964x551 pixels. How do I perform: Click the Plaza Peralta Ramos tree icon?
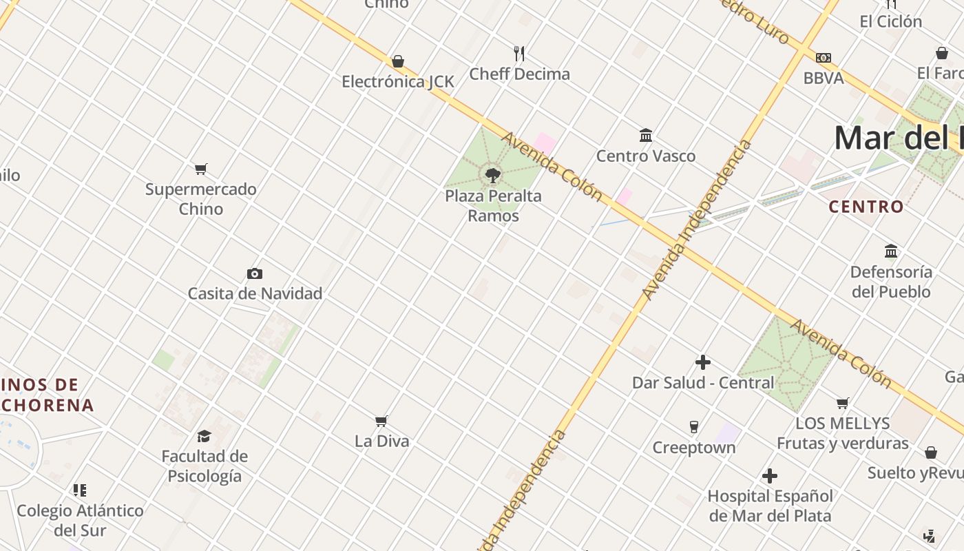pos(492,176)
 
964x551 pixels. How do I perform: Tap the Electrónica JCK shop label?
pos(398,82)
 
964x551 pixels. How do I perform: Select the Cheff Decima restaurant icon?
pos(519,53)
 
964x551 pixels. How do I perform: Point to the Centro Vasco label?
pos(646,156)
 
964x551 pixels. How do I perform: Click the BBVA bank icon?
pos(823,58)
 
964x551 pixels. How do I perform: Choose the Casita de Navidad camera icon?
pos(255,274)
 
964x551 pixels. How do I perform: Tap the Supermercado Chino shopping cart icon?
pos(201,169)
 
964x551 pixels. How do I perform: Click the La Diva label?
pos(381,441)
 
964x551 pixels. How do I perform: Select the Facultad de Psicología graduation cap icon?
pos(204,436)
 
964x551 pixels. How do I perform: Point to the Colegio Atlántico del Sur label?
pos(80,520)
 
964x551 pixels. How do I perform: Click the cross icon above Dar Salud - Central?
pos(703,362)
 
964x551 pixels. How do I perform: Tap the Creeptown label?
pos(694,448)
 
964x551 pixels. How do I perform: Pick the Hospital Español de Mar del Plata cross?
pos(770,476)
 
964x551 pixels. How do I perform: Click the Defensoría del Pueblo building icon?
pos(891,251)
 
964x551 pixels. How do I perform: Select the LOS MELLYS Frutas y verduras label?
pos(843,433)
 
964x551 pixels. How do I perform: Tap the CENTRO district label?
pos(866,207)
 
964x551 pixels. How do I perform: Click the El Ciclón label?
pos(890,21)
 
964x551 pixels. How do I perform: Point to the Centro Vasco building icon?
pos(646,136)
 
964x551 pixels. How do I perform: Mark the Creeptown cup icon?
pos(694,427)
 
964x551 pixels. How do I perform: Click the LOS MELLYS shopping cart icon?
pos(843,403)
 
